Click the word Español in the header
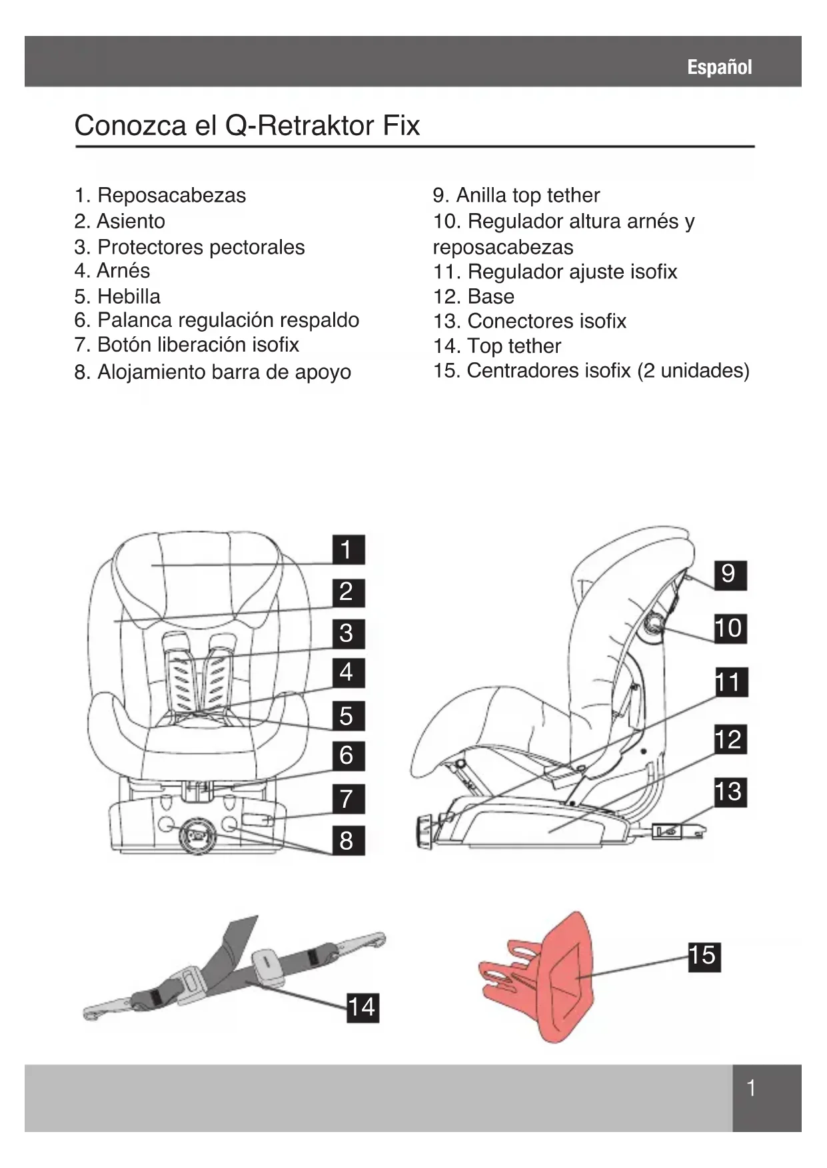pos(719,67)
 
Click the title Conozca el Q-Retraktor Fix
pos(247,125)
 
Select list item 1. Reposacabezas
pos(160,195)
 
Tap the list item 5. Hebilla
pos(117,296)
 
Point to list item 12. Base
pos(473,296)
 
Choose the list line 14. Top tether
pos(496,346)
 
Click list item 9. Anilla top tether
pos(516,195)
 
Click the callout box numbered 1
pos(348,550)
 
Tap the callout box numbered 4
pos(348,672)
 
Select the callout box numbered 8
pos(348,840)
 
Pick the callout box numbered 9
pos(730,574)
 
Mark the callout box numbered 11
pos(730,683)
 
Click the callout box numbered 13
pos(730,792)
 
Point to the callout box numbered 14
pos(362,1007)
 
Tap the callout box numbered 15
pos(704,956)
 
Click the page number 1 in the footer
pos(751,1089)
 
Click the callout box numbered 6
pos(348,756)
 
